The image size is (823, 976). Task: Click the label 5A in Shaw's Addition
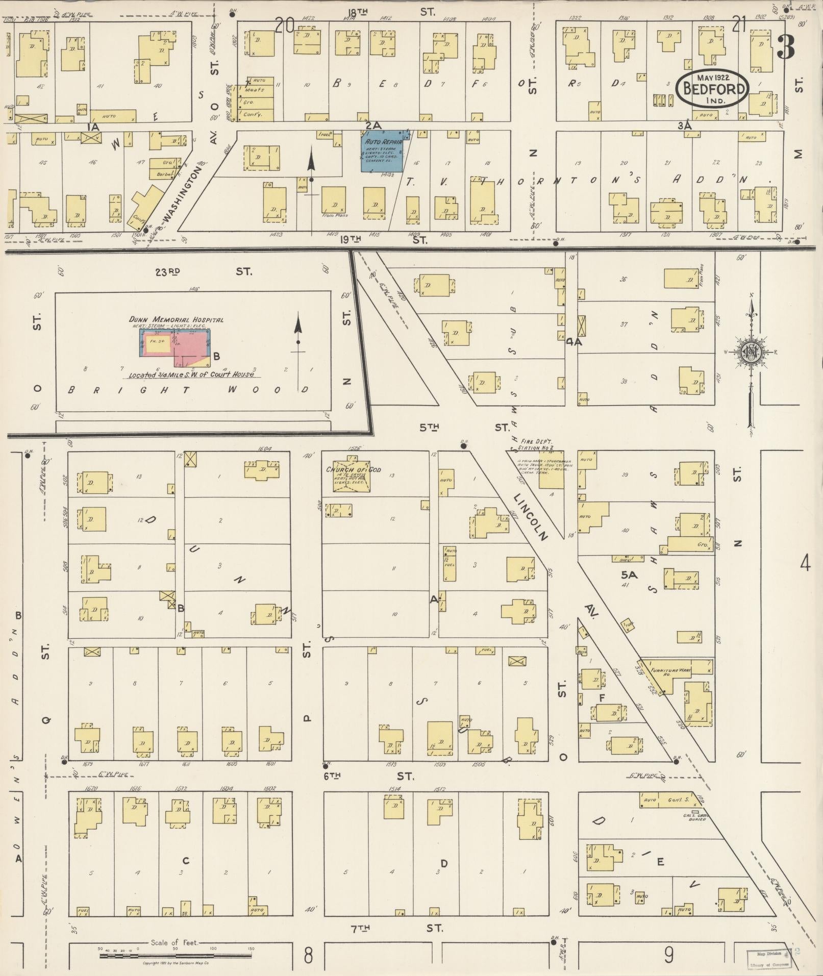(x=629, y=575)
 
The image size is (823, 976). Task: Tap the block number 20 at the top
(x=285, y=25)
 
